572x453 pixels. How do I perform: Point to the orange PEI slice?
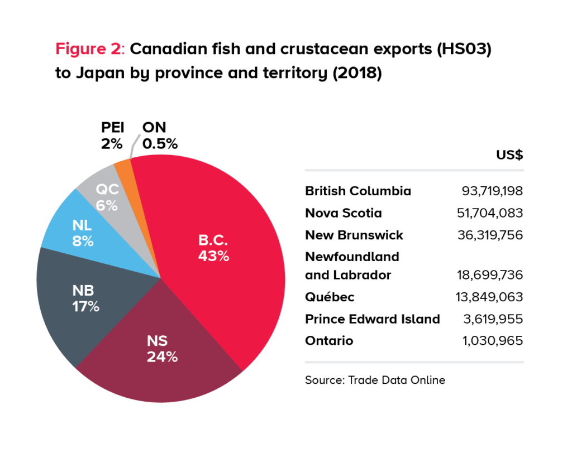(x=124, y=167)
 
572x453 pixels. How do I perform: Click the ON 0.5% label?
(x=159, y=136)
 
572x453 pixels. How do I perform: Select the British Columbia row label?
(x=357, y=191)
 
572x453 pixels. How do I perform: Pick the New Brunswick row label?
(x=354, y=235)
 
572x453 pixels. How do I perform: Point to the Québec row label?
(x=329, y=297)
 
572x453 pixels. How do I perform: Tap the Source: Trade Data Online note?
(x=375, y=380)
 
